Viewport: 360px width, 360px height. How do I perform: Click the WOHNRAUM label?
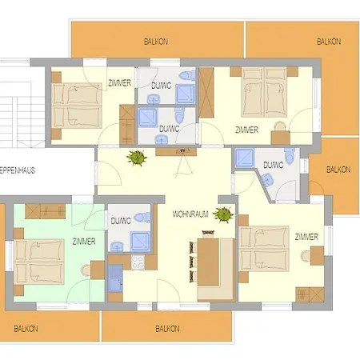(190, 214)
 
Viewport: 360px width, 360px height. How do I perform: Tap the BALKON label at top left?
(157, 41)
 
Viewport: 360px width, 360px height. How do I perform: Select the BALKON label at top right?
(328, 41)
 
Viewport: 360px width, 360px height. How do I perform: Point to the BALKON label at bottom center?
(167, 328)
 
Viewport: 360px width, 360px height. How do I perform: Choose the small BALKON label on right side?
(338, 169)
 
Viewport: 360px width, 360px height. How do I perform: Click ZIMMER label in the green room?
(83, 241)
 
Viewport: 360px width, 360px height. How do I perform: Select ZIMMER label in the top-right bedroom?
(247, 129)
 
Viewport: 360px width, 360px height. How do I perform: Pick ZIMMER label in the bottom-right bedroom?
(306, 237)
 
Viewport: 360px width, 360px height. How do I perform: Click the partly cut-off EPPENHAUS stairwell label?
(18, 170)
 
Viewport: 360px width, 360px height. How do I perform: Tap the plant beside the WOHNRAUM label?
(222, 214)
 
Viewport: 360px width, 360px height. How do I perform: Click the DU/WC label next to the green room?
(121, 221)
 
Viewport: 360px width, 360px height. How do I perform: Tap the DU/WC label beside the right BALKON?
(273, 165)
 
